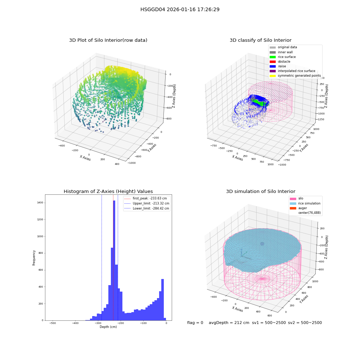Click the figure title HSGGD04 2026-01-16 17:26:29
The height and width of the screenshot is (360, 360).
[x=180, y=9]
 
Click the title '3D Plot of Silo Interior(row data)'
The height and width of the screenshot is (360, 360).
[x=108, y=40]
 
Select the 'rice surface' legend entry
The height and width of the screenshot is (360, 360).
[x=283, y=57]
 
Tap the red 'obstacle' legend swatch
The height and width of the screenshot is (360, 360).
[x=273, y=62]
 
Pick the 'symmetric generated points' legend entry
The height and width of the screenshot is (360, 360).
[x=295, y=76]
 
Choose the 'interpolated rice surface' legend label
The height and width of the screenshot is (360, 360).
[x=296, y=71]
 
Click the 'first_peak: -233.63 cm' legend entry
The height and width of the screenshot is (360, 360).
[x=145, y=198]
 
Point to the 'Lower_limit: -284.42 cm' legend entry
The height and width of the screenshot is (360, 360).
[x=147, y=208]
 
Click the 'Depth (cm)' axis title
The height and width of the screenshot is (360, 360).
[x=108, y=327]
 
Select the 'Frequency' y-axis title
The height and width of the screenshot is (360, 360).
[x=34, y=258]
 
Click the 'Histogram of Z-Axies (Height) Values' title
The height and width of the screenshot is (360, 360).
[x=108, y=192]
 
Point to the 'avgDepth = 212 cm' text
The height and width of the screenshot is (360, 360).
[x=229, y=323]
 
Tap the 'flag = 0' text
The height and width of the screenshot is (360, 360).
[x=195, y=323]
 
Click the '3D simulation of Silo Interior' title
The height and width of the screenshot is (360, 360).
[x=261, y=192]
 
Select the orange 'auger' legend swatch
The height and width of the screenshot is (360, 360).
[x=293, y=208]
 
